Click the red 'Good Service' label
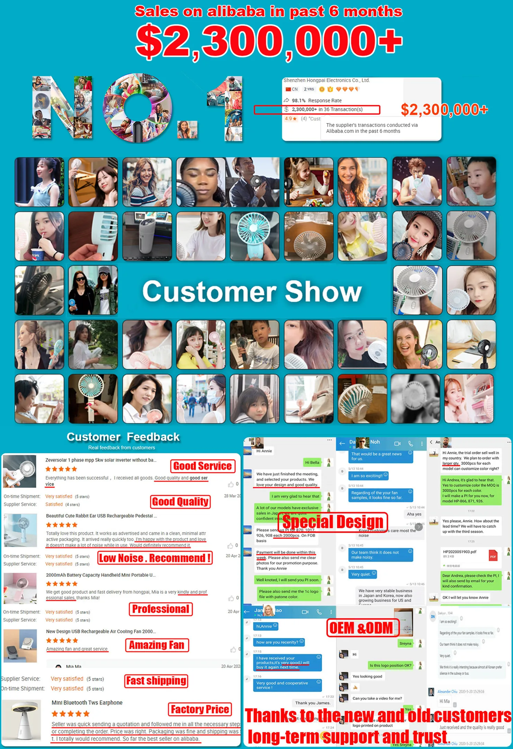point(202,466)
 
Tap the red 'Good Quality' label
point(180,502)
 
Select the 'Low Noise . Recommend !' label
point(155,558)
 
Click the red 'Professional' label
point(161,609)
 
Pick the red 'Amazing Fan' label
point(157,645)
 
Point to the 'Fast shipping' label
point(156,681)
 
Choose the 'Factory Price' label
point(200,710)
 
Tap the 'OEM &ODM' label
point(361,628)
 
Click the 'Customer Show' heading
point(252,291)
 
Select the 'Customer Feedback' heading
point(123,437)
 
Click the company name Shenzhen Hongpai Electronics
point(326,80)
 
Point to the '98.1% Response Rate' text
point(316,100)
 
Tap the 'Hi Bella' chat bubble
point(312,462)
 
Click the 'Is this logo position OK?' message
point(390,665)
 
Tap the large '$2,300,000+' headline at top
point(269,41)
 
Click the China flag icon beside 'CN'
point(288,89)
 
